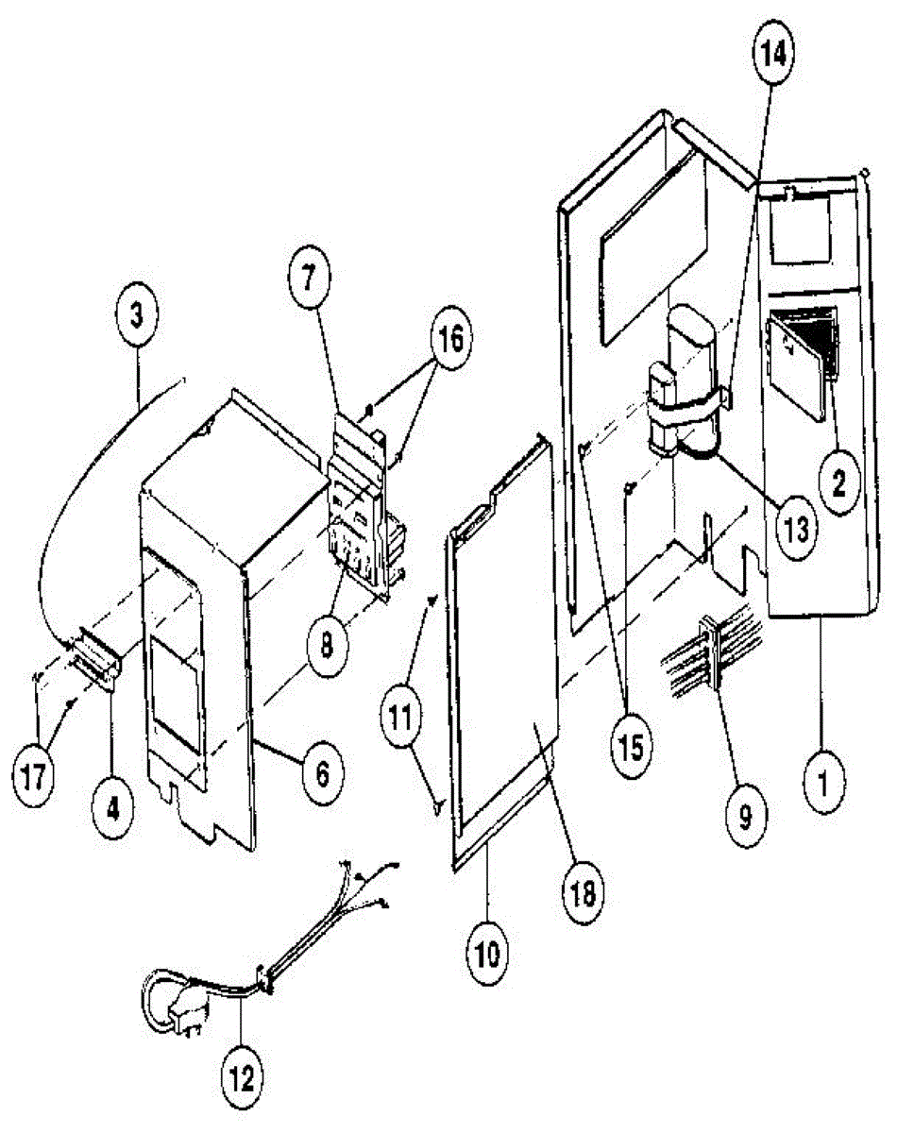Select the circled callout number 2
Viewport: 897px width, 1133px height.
[x=838, y=480]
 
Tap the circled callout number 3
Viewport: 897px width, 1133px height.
[x=138, y=313]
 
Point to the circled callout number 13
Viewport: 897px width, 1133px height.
[x=791, y=528]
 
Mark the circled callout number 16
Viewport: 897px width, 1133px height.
[x=452, y=337]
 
